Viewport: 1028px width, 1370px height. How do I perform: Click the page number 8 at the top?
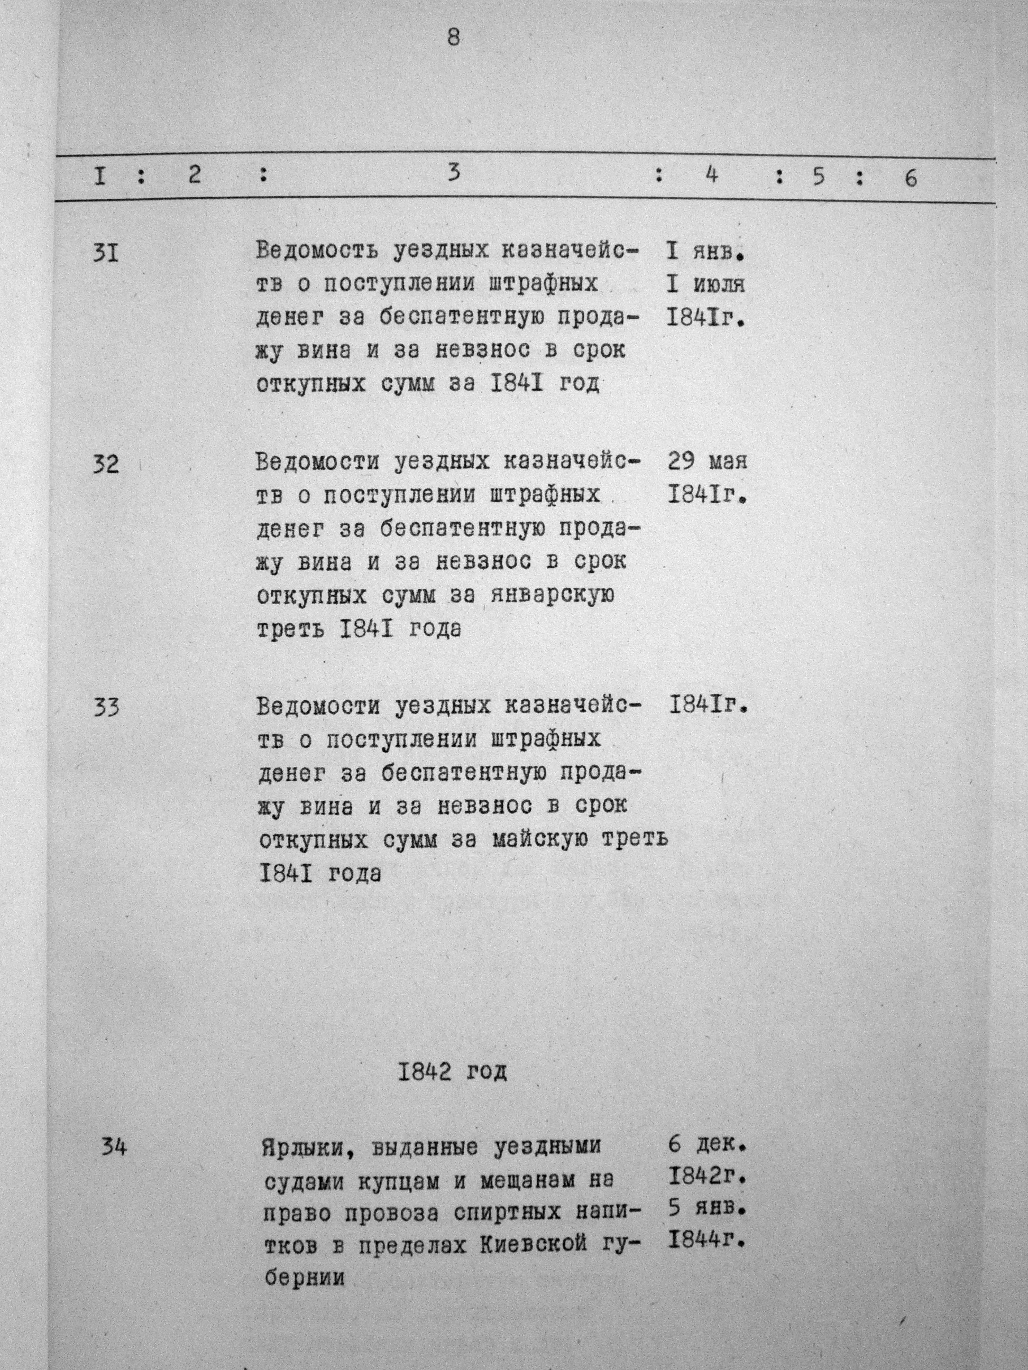[x=454, y=39]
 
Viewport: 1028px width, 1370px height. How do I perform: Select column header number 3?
[x=454, y=173]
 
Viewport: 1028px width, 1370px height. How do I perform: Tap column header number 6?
[x=910, y=178]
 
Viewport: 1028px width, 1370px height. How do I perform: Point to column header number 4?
[x=711, y=175]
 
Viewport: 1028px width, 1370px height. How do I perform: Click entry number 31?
[x=105, y=253]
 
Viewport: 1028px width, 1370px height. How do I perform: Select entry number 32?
[x=106, y=464]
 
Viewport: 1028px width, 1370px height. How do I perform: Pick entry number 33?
[x=107, y=707]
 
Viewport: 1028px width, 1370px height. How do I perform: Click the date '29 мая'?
[x=708, y=461]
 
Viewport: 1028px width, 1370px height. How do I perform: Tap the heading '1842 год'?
[x=452, y=1071]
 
